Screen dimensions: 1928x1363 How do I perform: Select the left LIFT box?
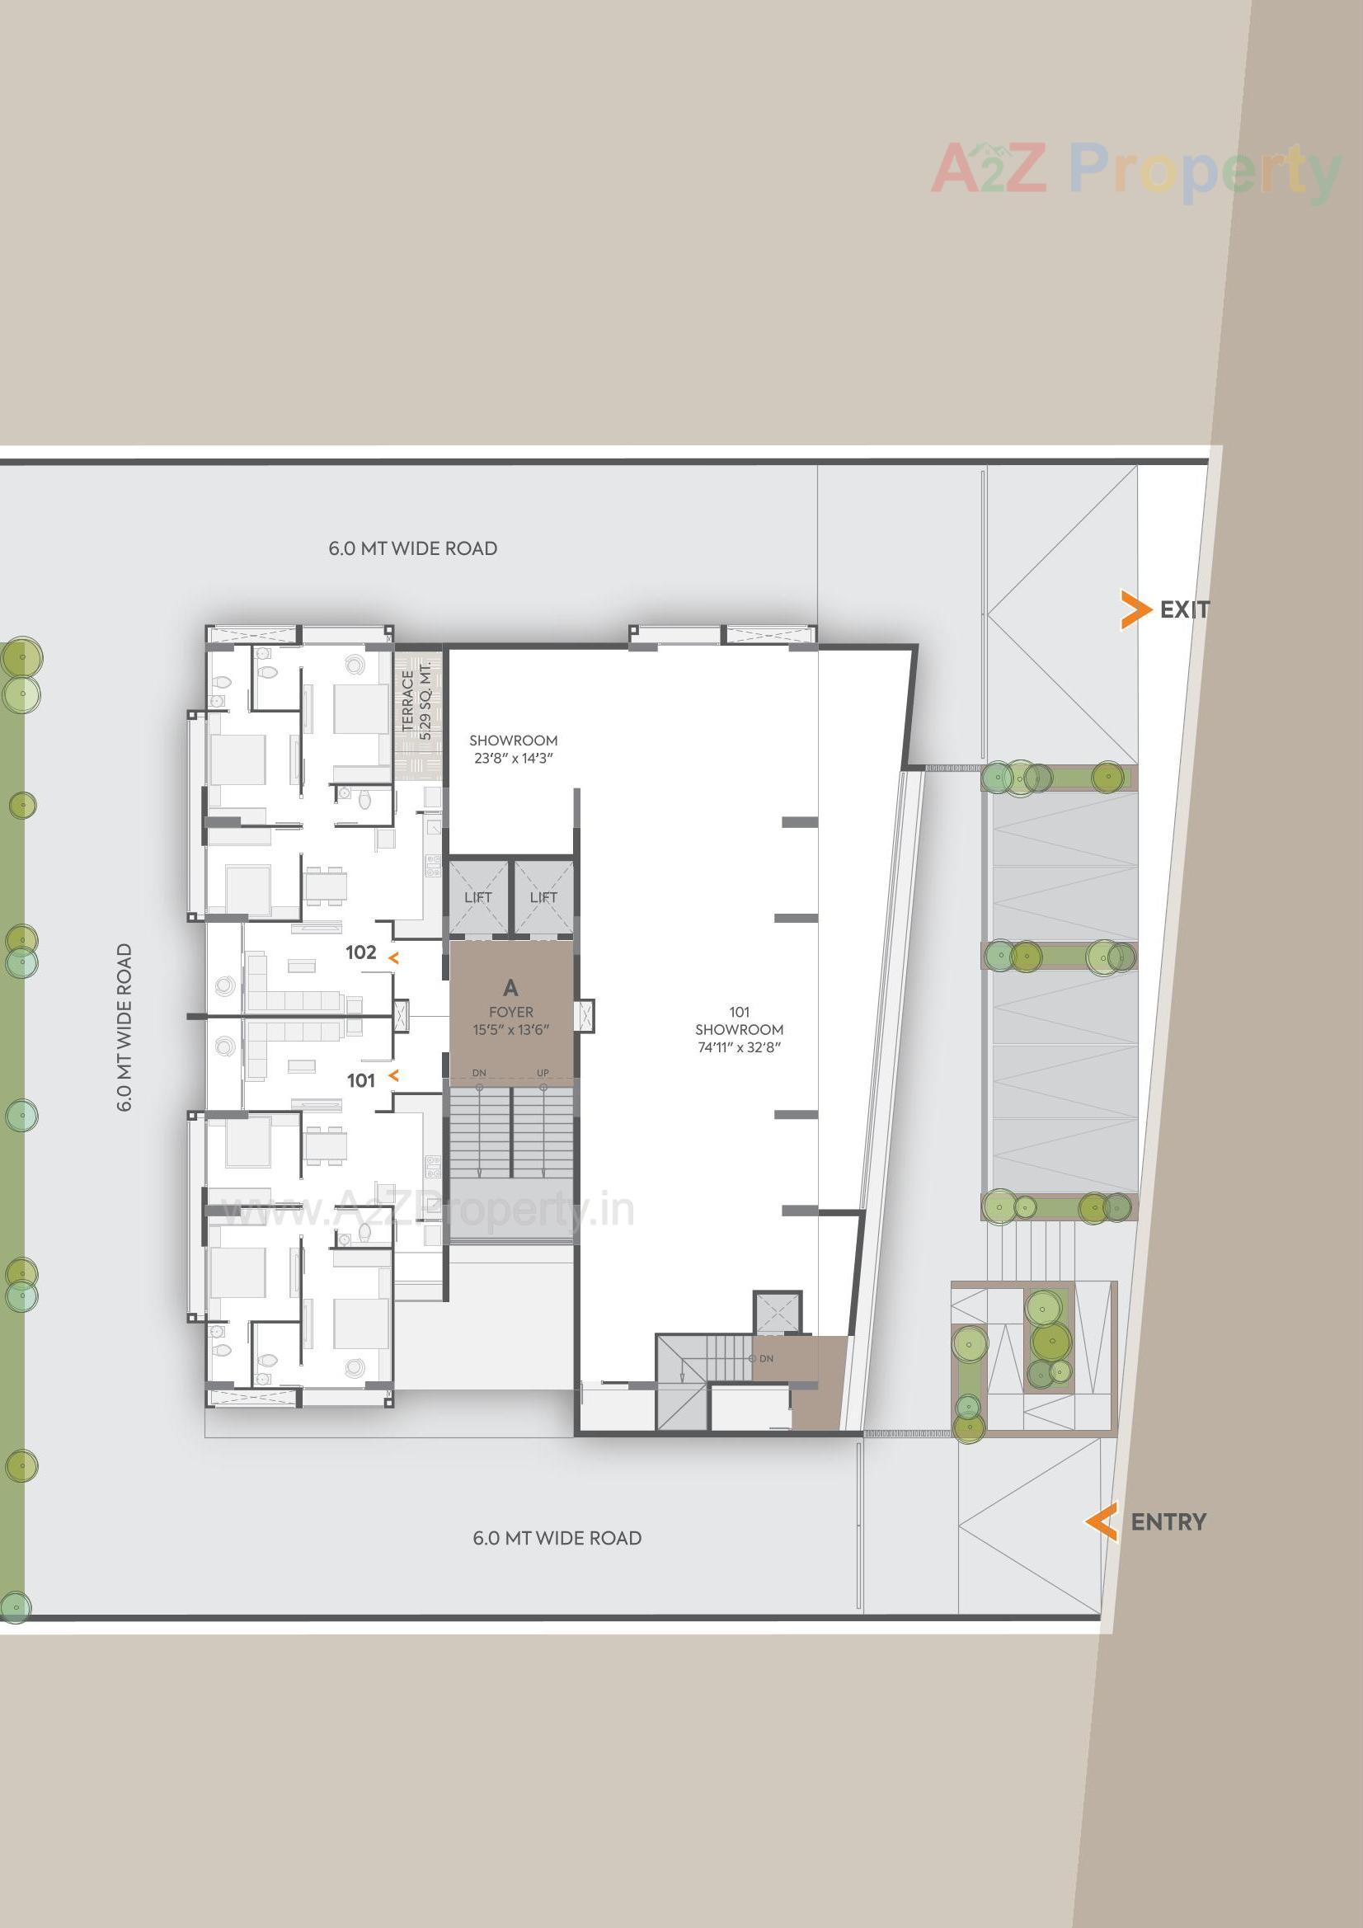pyautogui.click(x=478, y=898)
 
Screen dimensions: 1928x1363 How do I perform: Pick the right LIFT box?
pyautogui.click(x=543, y=898)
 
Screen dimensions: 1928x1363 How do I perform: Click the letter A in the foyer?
pyautogui.click(x=510, y=988)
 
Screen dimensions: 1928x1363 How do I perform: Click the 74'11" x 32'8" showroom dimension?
pyautogui.click(x=739, y=1047)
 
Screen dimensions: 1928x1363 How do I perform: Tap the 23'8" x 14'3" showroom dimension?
pyautogui.click(x=513, y=759)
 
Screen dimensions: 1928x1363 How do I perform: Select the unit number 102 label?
pyautogui.click(x=361, y=952)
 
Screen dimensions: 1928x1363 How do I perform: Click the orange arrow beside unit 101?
pyautogui.click(x=393, y=1076)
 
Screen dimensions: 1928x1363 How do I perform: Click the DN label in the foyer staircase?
pyautogui.click(x=479, y=1073)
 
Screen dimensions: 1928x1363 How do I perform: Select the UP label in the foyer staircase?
pyautogui.click(x=543, y=1073)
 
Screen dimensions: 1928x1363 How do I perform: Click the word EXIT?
pyautogui.click(x=1184, y=609)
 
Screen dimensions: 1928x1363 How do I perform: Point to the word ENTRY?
pyautogui.click(x=1168, y=1521)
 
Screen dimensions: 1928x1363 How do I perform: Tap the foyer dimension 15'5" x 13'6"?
pyautogui.click(x=510, y=1030)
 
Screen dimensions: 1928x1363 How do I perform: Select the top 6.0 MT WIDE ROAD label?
pyautogui.click(x=412, y=548)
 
